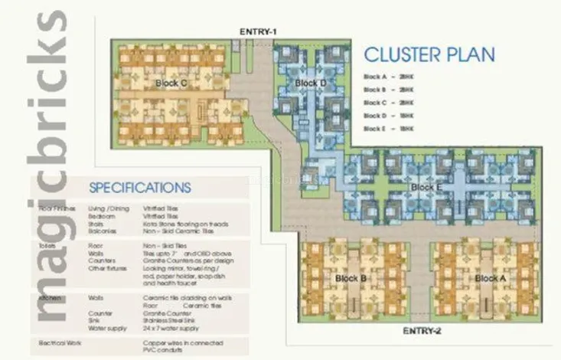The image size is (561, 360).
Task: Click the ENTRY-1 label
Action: coord(257,31)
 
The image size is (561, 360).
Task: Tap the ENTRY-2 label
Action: coord(422,331)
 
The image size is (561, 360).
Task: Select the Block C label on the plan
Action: coord(171,83)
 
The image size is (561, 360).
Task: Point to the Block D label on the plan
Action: coord(310,83)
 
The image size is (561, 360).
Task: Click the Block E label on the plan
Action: coord(426,187)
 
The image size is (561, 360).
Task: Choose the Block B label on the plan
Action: coord(349,278)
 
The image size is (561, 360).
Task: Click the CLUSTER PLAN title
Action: coord(429,55)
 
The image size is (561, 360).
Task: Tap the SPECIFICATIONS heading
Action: coord(139,188)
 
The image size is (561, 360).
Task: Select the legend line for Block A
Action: coord(389,77)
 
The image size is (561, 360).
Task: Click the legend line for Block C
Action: coord(389,102)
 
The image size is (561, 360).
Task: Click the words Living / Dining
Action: coord(108,208)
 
